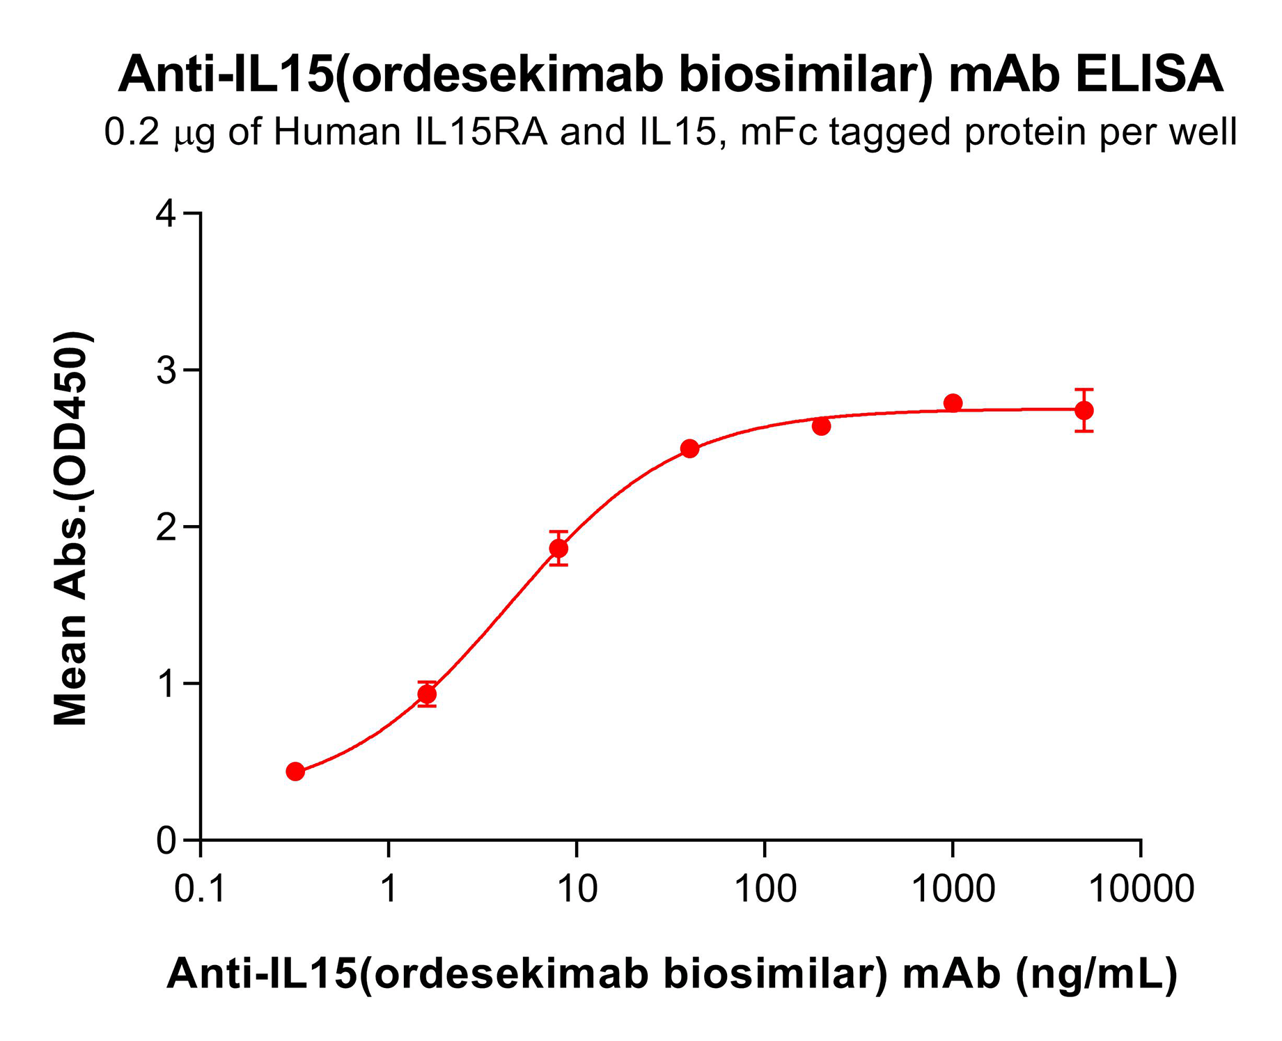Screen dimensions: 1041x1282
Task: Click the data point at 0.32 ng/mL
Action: click(x=295, y=771)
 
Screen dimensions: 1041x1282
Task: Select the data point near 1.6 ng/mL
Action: click(x=427, y=694)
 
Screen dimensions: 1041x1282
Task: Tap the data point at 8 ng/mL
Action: click(x=558, y=548)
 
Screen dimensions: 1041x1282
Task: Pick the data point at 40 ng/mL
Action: click(x=689, y=448)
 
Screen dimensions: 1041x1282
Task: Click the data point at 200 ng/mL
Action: click(x=821, y=426)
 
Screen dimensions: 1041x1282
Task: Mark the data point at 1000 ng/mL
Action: click(x=953, y=403)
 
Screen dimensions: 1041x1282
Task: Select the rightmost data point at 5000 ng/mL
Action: click(x=1084, y=410)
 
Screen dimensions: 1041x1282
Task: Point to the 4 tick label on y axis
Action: click(x=166, y=213)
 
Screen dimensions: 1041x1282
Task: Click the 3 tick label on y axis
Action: click(x=166, y=370)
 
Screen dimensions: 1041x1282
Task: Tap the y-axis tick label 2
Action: click(x=166, y=527)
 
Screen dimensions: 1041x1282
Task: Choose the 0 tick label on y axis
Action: click(x=166, y=840)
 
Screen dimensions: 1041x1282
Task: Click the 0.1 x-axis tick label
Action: click(x=201, y=889)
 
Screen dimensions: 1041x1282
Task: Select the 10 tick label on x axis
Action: click(x=577, y=889)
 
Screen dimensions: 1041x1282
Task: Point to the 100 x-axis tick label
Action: click(x=765, y=889)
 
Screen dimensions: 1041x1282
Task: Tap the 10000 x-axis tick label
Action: click(x=1141, y=889)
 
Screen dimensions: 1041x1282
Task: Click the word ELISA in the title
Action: click(x=1148, y=75)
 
